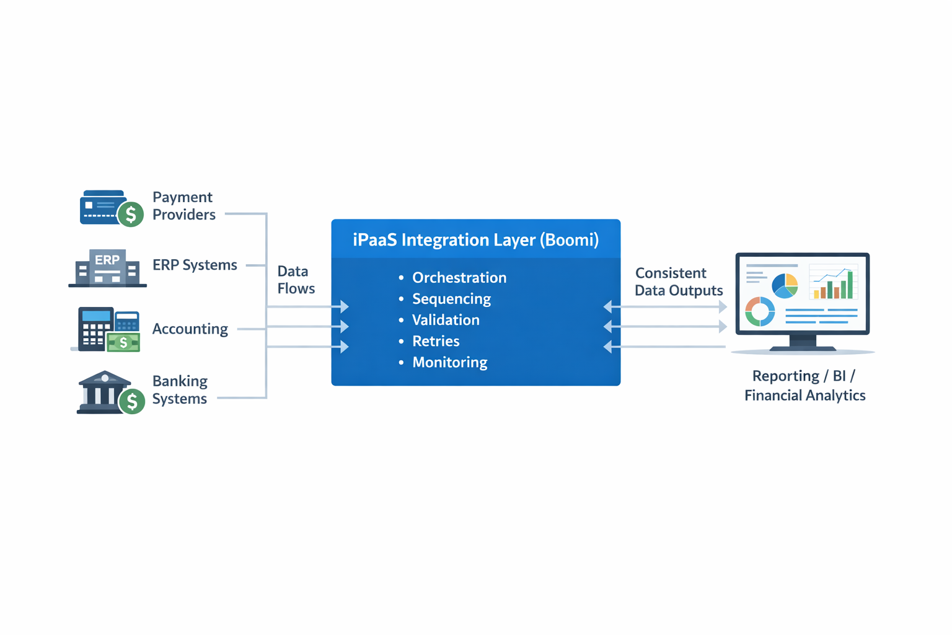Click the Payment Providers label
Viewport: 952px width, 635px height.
(x=183, y=206)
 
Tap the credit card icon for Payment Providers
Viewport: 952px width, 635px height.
(x=102, y=207)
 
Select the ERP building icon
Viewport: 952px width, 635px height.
(x=107, y=268)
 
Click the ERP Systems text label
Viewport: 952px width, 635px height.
(x=195, y=265)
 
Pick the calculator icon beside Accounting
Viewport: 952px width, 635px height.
(x=96, y=328)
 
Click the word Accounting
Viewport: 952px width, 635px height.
(x=190, y=329)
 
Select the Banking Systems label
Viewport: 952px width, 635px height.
(x=180, y=390)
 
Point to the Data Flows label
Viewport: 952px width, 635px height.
(x=296, y=280)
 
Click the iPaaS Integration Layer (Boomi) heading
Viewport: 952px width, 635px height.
(x=475, y=240)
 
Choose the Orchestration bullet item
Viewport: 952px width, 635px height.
(x=459, y=278)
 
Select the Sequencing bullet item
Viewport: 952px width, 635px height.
(x=451, y=299)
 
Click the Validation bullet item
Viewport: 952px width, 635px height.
(x=446, y=320)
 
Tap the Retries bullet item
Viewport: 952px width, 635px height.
(x=436, y=341)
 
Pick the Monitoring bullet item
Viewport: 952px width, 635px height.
(x=449, y=362)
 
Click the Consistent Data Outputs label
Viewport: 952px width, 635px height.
(x=678, y=282)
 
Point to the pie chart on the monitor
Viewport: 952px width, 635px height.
(x=784, y=286)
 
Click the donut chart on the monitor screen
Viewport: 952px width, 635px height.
(x=760, y=311)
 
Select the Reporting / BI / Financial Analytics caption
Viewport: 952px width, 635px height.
(x=804, y=386)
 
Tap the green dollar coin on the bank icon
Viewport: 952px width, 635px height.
(x=132, y=402)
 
